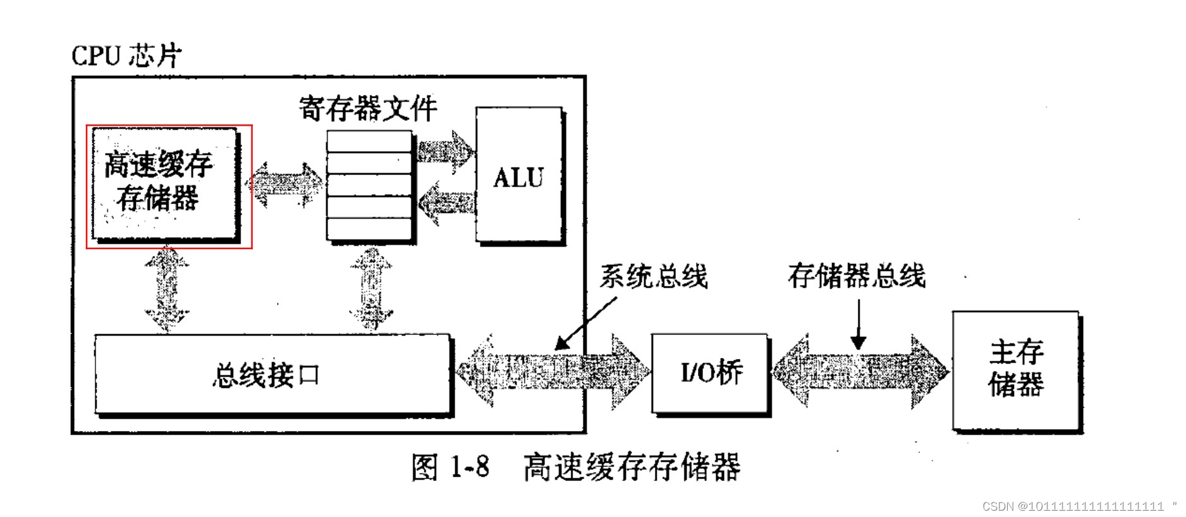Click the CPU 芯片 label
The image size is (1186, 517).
click(126, 56)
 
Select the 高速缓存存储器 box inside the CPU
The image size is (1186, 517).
click(164, 183)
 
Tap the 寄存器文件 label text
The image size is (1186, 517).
click(368, 109)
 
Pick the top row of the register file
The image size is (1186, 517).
click(370, 142)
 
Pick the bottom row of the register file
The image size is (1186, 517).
click(370, 229)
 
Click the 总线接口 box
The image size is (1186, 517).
click(272, 375)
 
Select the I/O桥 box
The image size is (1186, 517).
click(711, 373)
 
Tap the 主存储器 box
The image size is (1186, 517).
click(1016, 369)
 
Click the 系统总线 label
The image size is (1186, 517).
click(654, 277)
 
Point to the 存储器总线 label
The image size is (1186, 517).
click(857, 276)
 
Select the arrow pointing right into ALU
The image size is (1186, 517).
click(445, 152)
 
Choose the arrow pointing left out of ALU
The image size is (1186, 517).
click(446, 204)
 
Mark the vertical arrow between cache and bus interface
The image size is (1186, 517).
click(167, 289)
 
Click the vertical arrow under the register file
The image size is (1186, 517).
click(372, 289)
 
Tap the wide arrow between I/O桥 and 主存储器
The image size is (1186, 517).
click(860, 372)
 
